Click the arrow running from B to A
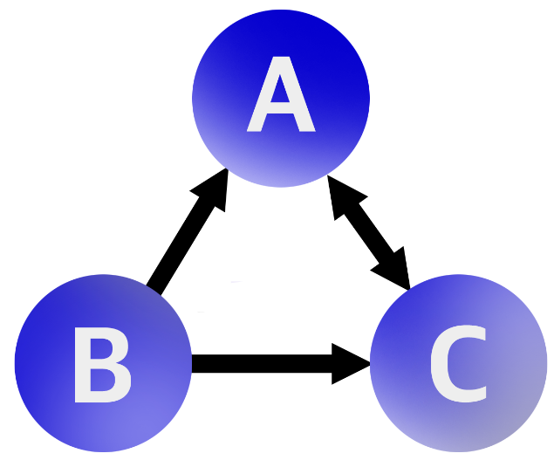pyautogui.click(x=185, y=237)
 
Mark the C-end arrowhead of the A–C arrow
pyautogui.click(x=397, y=271)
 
